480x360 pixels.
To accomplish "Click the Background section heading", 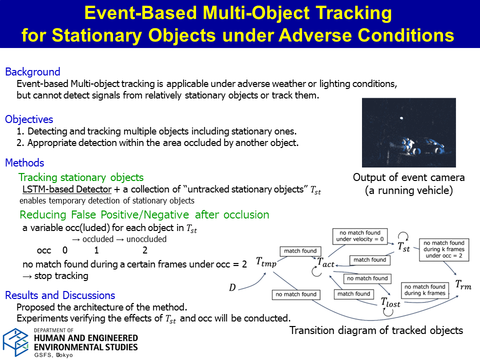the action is click(x=33, y=71).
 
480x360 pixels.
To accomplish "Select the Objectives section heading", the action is click(x=29, y=119).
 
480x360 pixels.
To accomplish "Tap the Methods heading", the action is click(x=25, y=162).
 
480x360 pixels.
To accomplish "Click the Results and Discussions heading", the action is click(x=60, y=295).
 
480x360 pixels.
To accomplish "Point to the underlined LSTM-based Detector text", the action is click(x=66, y=189).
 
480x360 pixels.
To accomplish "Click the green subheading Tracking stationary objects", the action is click(x=81, y=177).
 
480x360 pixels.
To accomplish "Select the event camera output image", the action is click(x=408, y=132).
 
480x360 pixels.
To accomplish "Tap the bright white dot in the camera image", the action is click(x=401, y=118).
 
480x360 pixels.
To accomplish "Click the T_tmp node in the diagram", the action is click(x=266, y=262).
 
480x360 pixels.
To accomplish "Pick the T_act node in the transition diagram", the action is click(x=325, y=262).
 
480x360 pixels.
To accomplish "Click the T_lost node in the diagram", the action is click(x=390, y=302).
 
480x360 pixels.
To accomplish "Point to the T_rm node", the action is click(x=463, y=284).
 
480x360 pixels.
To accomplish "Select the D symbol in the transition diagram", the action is click(x=232, y=287).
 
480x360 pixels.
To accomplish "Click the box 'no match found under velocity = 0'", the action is click(x=360, y=236).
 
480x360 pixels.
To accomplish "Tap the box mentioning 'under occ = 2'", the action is click(x=444, y=249).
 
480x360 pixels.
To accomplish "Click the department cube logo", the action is click(x=16, y=342).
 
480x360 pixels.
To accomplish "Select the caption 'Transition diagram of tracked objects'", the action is click(x=376, y=330).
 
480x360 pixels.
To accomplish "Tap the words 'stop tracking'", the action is click(x=61, y=276).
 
